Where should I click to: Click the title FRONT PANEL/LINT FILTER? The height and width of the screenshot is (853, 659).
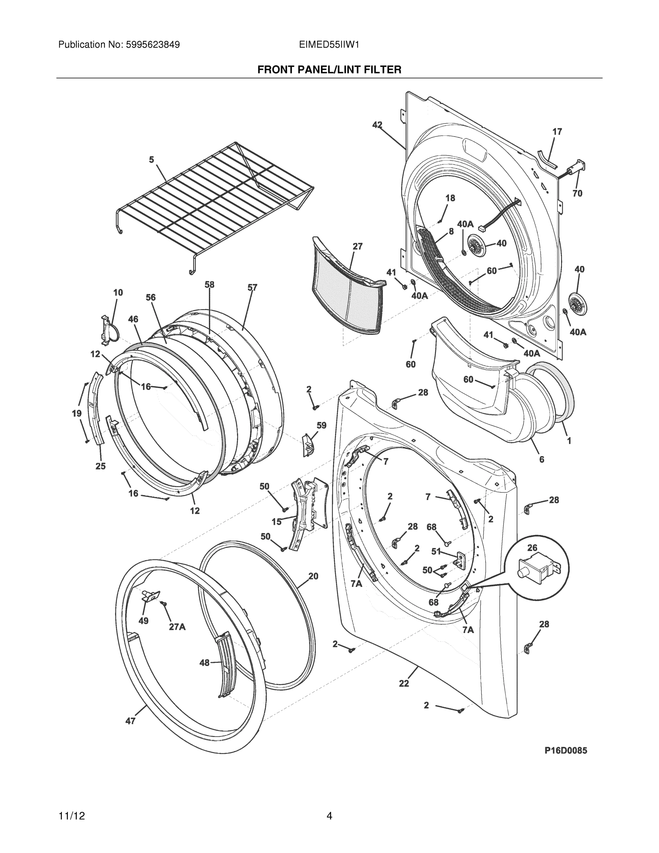(329, 70)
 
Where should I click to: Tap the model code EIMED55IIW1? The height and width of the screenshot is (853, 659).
(329, 44)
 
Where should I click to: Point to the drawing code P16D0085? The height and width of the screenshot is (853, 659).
(566, 750)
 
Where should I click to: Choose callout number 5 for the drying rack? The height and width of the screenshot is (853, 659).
(151, 159)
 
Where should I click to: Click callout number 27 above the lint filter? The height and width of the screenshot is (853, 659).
(357, 246)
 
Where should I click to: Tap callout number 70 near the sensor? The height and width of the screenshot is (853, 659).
(577, 193)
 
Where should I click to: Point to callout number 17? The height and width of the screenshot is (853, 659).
(557, 132)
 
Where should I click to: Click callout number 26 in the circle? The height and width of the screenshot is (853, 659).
(532, 548)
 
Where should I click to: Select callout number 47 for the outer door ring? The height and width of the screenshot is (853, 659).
(130, 720)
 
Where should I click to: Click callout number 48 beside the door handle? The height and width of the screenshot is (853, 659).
(204, 662)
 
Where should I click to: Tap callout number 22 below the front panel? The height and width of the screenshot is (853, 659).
(404, 683)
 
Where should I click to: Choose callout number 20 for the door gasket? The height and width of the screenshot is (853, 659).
(313, 576)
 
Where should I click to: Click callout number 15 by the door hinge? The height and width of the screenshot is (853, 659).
(276, 521)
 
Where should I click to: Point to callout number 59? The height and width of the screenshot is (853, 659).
(321, 425)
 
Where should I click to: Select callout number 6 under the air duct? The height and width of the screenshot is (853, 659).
(541, 459)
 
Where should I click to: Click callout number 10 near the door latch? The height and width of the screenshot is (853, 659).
(118, 292)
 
